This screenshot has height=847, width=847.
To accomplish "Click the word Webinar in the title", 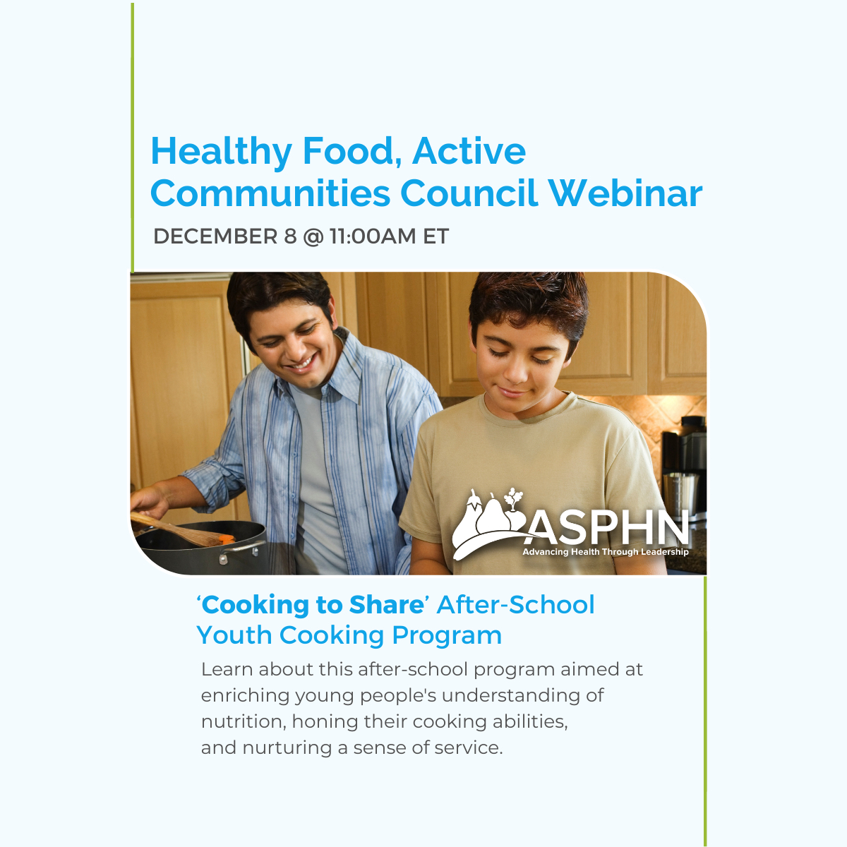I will (625, 193).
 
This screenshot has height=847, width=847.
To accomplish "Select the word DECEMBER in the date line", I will (215, 236).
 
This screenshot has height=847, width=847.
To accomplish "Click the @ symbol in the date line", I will (313, 236).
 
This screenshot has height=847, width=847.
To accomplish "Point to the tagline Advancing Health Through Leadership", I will (605, 552).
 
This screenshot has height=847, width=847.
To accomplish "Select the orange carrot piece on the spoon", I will (226, 539).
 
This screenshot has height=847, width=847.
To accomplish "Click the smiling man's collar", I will (339, 381).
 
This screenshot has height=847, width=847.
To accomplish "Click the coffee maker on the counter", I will (683, 459).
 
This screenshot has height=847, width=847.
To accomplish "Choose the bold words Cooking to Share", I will (313, 605).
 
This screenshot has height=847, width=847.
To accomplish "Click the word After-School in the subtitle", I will (516, 605).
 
